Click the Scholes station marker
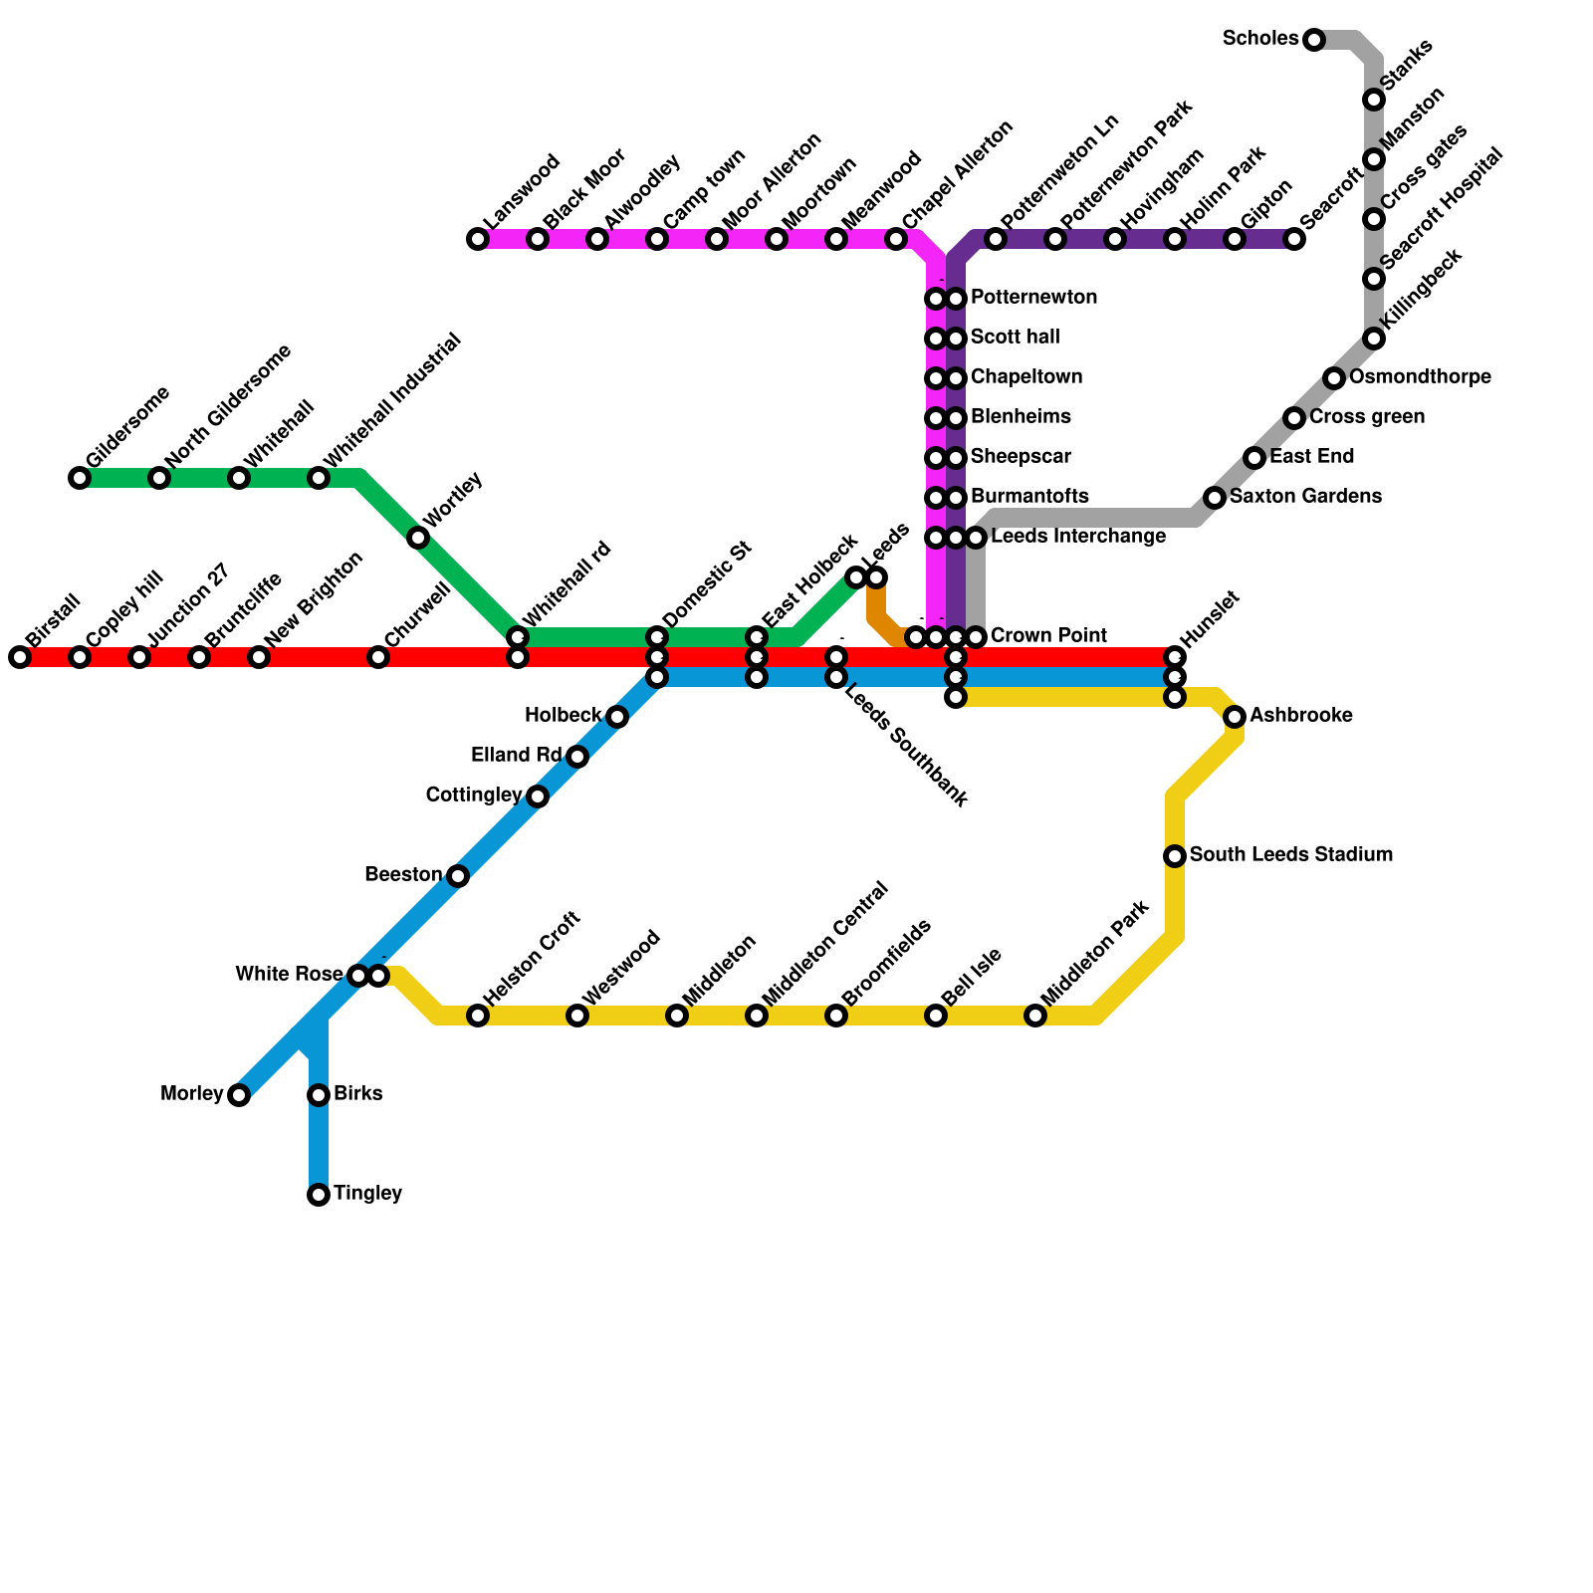(x=1314, y=40)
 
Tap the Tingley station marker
(x=319, y=1195)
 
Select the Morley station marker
(x=239, y=1095)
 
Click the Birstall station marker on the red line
(x=20, y=657)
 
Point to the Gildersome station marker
(x=80, y=478)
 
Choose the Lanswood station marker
(x=478, y=239)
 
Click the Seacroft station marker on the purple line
(x=1294, y=239)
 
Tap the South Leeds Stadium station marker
(x=1175, y=856)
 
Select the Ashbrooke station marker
(x=1235, y=717)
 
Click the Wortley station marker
(x=418, y=538)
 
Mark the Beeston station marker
(x=458, y=876)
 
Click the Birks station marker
(x=319, y=1095)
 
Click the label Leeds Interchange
(x=1078, y=538)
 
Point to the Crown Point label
(x=1049, y=636)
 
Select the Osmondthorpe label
(x=1420, y=377)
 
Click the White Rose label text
(x=289, y=974)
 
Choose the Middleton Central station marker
(x=757, y=1016)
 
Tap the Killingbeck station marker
(x=1374, y=339)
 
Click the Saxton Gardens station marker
(x=1215, y=498)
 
